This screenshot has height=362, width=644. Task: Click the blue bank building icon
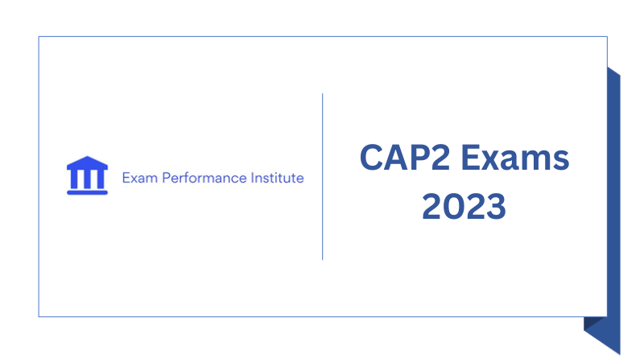pos(87,176)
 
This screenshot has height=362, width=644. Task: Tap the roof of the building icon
pos(87,164)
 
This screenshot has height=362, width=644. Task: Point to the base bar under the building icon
pos(87,191)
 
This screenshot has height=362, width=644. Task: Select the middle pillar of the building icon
pos(87,178)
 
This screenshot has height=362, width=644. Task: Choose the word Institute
pos(276,178)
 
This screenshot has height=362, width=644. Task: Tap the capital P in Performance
pos(167,178)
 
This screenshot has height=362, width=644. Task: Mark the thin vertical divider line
pos(323,176)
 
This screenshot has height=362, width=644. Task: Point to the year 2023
pos(464,207)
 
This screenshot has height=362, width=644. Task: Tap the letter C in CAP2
pos(372,158)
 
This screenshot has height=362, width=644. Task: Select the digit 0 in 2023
pos(454,207)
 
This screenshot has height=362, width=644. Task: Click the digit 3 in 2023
pos(495,207)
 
